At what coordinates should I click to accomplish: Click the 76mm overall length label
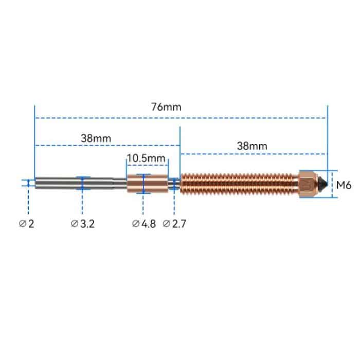point(166,107)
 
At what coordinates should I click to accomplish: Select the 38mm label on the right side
point(252,146)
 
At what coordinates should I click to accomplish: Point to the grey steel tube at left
point(72,183)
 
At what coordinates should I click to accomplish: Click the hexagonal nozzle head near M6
point(308,184)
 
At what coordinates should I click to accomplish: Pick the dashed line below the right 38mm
point(252,153)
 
